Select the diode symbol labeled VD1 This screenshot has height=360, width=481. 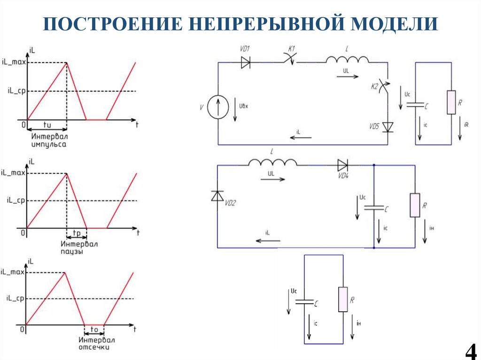tap(246, 62)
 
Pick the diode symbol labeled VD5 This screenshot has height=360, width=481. tap(388, 127)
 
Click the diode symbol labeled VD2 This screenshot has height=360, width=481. tap(217, 196)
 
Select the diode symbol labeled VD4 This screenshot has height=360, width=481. tap(342, 165)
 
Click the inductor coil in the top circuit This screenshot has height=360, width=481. tap(348, 59)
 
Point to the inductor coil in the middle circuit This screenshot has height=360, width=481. tap(273, 162)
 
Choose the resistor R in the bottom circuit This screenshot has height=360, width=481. tap(343, 299)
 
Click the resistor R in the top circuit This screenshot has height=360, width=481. tap(451, 102)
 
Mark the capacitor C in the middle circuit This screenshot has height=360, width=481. tap(374, 207)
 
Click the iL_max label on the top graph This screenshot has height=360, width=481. tap(13, 62)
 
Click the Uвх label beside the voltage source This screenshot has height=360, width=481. tap(243, 106)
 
